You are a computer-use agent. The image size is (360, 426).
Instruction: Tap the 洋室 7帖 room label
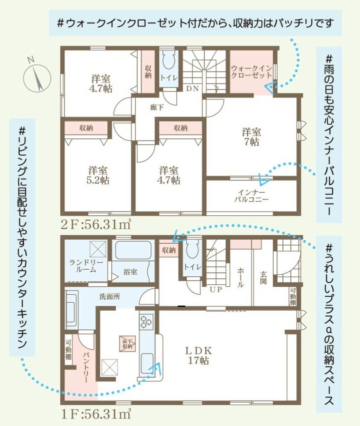tap(251, 137)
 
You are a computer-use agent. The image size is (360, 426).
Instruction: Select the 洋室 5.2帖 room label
tap(97, 175)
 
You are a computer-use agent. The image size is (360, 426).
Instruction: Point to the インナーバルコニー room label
tap(251, 196)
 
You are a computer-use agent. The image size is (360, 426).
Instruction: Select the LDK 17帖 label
tap(198, 355)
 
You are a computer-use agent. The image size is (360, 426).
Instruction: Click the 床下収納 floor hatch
tap(127, 344)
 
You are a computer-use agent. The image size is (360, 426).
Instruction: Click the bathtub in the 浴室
tap(133, 250)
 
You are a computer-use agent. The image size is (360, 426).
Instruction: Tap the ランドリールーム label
tap(86, 266)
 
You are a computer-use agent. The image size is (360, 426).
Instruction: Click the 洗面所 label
tap(110, 296)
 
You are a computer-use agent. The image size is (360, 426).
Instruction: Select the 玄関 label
tap(263, 278)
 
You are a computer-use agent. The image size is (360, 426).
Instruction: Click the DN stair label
tap(192, 88)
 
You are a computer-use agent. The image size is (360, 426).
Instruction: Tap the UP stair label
tap(216, 290)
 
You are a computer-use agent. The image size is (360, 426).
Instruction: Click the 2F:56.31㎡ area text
tap(96, 224)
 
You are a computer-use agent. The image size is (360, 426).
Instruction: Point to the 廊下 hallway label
tap(157, 107)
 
